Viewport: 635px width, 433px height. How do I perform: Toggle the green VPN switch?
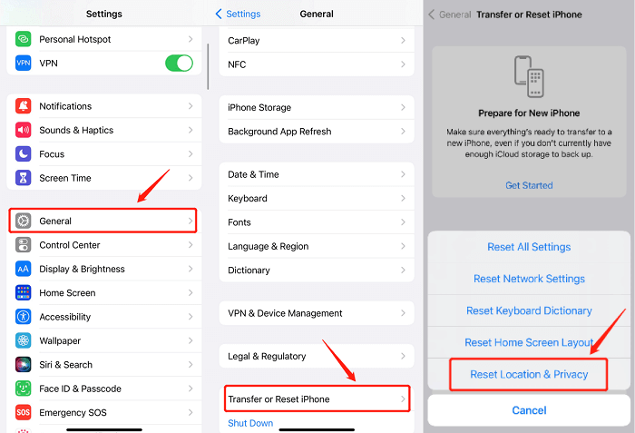coord(179,64)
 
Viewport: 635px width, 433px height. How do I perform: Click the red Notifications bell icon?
coord(24,106)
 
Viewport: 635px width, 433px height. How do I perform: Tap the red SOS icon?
coord(24,412)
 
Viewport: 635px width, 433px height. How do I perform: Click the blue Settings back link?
coord(238,15)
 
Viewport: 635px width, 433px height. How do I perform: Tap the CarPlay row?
coord(314,41)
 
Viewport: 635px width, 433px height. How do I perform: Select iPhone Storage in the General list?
coord(314,107)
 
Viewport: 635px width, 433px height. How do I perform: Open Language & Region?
coord(314,246)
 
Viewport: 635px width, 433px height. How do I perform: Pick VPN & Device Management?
coord(314,313)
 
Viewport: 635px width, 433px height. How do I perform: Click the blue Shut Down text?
coord(250,423)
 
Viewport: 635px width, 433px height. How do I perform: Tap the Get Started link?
coord(529,185)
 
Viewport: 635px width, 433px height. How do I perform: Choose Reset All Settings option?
coord(529,247)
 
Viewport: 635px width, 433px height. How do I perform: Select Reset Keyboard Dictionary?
coord(529,310)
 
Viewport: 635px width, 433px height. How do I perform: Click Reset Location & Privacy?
coord(529,374)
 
